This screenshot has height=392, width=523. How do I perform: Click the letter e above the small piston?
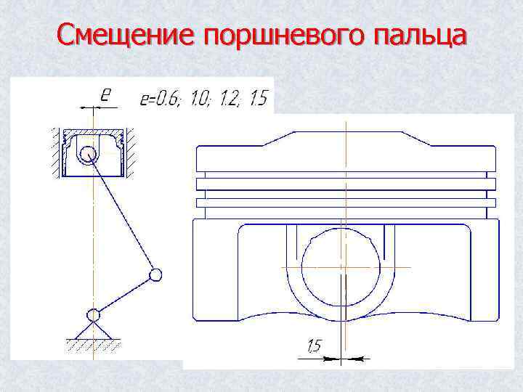[x=105, y=94]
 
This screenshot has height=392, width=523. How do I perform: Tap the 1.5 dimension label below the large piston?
[x=313, y=347]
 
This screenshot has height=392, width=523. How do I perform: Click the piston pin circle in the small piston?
[x=89, y=154]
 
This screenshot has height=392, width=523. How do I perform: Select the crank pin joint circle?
[x=155, y=274]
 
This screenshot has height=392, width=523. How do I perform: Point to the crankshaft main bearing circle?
[x=93, y=315]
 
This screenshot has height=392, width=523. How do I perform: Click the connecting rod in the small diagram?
[x=122, y=214]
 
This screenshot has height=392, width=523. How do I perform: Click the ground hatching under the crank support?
[x=92, y=346]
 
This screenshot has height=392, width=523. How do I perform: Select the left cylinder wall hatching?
[x=54, y=152]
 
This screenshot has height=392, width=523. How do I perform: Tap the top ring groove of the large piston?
[x=345, y=176]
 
